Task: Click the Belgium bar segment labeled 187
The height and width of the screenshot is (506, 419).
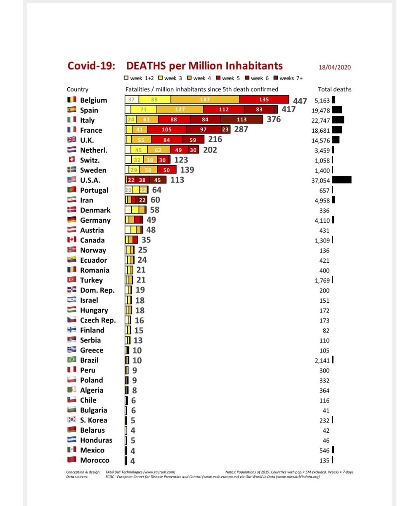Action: tap(205, 100)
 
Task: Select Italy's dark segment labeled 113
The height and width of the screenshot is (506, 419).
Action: tap(242, 120)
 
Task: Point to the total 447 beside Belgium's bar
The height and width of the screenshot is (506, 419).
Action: tap(300, 101)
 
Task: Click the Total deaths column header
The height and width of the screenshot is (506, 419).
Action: tap(334, 89)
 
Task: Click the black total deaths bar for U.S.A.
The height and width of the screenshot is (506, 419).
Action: tap(342, 180)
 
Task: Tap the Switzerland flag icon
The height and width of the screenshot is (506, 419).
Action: tap(72, 160)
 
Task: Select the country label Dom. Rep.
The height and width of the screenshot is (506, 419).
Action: tap(97, 290)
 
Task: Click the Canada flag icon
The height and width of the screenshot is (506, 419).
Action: tap(72, 240)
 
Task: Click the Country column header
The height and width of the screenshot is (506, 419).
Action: tap(78, 89)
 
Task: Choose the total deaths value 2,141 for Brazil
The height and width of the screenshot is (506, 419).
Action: tap(322, 360)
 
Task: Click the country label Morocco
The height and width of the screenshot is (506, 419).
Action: tap(94, 460)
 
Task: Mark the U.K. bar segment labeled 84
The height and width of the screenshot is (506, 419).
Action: tap(167, 140)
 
